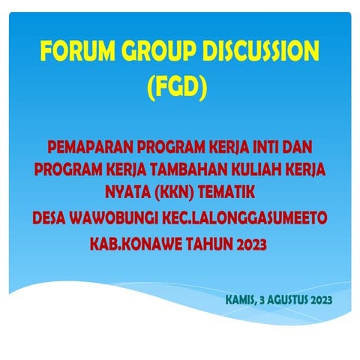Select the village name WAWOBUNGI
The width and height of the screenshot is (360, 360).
121,219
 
